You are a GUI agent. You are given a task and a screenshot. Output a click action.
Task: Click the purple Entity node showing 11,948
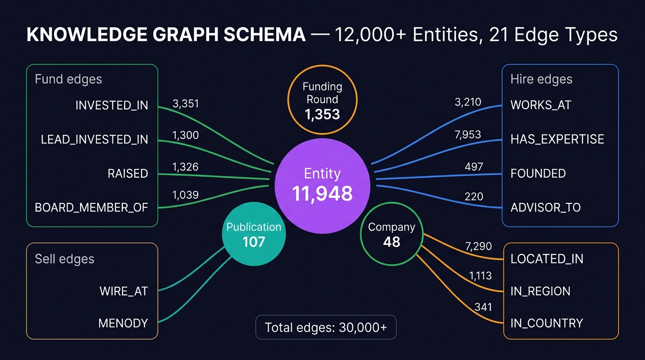coord(322,184)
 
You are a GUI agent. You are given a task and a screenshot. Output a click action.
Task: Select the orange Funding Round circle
coord(322,100)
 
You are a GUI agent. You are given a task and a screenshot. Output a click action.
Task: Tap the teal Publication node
coord(254,234)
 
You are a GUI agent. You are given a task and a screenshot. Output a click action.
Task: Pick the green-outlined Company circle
coord(391,234)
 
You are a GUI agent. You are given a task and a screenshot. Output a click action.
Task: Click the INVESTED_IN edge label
coord(112,105)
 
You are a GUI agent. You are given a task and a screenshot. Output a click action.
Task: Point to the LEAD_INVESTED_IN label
coord(94,139)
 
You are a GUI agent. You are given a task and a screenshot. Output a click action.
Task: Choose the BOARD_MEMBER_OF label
coord(91,207)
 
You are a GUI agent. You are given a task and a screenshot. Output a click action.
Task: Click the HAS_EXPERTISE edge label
coord(557,139)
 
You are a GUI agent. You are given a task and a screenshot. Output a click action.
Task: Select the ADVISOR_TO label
coord(545,207)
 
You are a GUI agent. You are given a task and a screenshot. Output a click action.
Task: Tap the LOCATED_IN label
coord(547,259)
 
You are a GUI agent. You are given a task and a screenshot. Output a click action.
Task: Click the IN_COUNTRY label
coord(547,323)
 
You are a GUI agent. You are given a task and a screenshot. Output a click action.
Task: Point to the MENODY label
coord(123,323)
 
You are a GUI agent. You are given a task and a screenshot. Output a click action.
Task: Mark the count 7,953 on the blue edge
coord(467,135)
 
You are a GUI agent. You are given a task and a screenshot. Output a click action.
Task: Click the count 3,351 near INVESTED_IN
coord(186,104)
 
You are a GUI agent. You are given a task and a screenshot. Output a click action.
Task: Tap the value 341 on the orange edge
coord(483,307)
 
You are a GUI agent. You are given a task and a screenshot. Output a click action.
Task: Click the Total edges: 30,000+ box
coord(326,327)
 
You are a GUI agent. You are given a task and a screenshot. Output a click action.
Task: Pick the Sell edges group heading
coord(65,259)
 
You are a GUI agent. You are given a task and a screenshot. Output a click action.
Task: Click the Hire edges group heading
coord(541,79)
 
